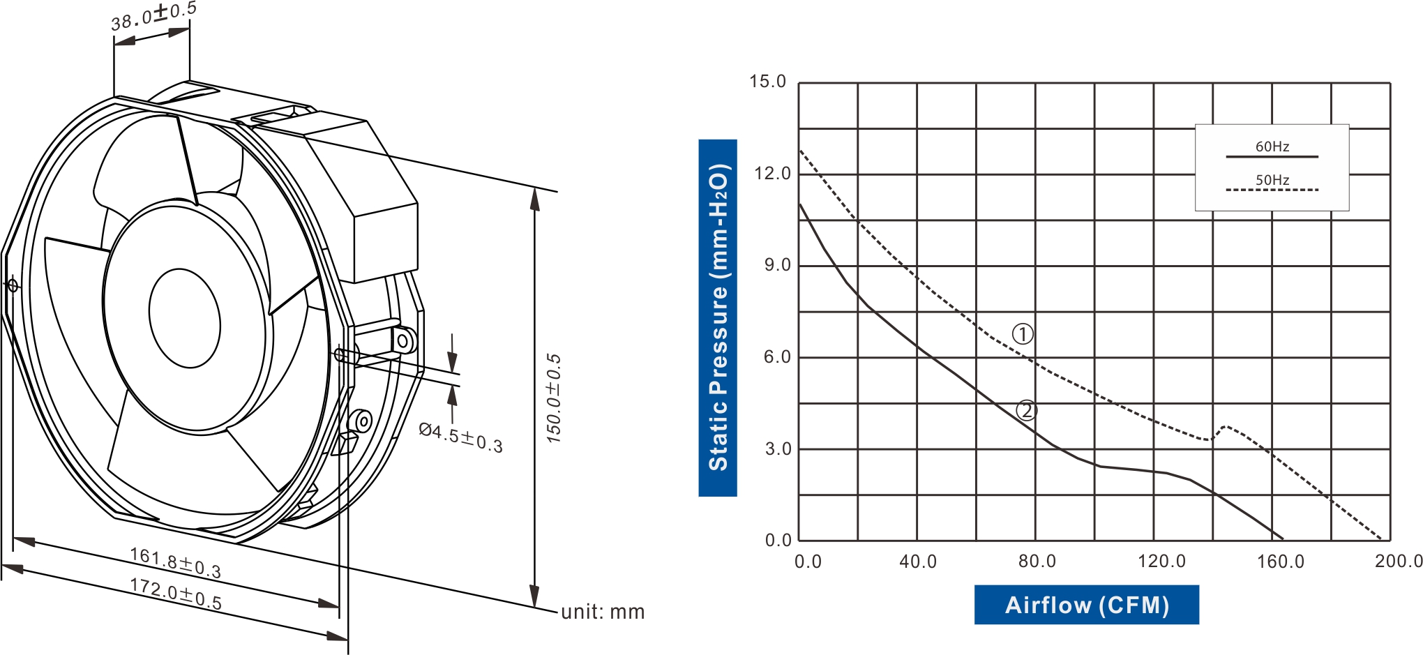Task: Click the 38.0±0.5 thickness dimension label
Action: [153, 15]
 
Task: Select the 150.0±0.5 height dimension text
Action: [553, 398]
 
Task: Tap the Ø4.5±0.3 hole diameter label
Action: [460, 438]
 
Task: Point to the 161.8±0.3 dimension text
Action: [175, 563]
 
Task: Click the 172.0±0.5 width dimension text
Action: [176, 594]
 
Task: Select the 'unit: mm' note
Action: [603, 612]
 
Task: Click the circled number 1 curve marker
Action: [1023, 334]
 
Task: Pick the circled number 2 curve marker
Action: [1026, 410]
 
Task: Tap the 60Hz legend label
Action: [1272, 146]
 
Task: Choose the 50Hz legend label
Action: [1272, 180]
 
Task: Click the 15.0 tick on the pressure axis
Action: [767, 82]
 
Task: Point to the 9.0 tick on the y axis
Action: [777, 265]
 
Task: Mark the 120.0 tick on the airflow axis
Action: [1161, 562]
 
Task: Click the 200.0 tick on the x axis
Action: [1398, 562]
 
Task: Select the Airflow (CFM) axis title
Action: [1086, 605]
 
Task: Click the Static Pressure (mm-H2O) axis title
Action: [718, 318]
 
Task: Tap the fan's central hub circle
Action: [185, 318]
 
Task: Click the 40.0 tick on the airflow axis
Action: [918, 562]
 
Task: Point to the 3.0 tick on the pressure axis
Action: [777, 449]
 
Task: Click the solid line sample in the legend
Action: [1272, 157]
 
